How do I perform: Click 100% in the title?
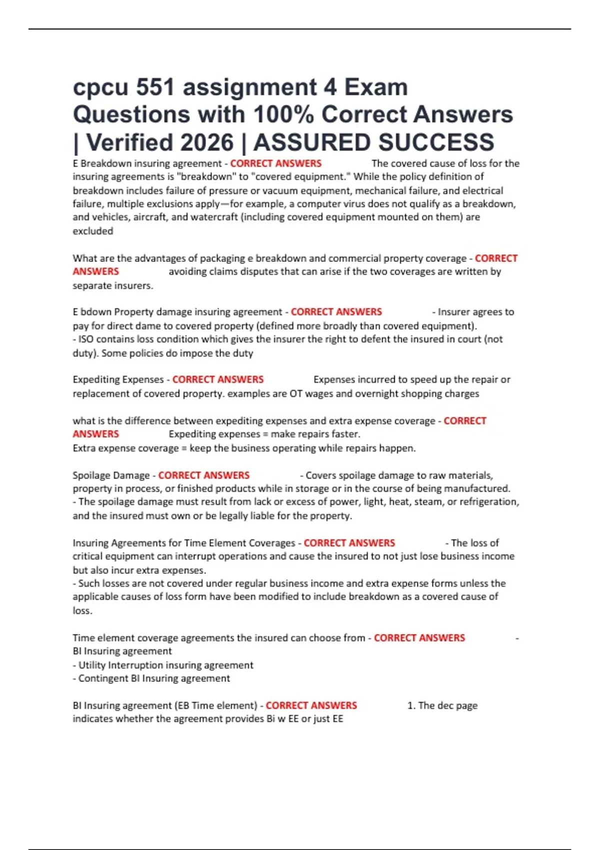283,114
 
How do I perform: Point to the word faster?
346,434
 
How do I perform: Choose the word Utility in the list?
92,665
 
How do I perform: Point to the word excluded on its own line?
93,231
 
